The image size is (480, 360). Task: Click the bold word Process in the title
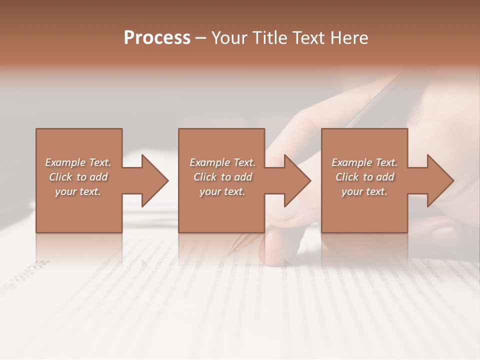[x=157, y=38]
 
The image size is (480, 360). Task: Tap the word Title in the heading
[x=271, y=38]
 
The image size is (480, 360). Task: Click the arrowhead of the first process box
[x=155, y=180]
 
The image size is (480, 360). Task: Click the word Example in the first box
[x=65, y=162]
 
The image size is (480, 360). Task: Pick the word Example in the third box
[x=352, y=162]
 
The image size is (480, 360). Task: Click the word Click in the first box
[x=60, y=177]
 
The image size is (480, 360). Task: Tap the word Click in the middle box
[x=205, y=177]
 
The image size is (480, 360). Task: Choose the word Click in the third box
[x=347, y=177]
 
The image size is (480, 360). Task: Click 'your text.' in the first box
[x=78, y=191]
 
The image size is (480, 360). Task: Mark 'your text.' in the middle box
[x=222, y=191]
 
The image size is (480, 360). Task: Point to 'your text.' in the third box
[x=364, y=191]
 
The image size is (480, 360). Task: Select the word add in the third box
[x=385, y=177]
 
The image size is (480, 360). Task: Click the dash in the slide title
[x=201, y=38]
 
